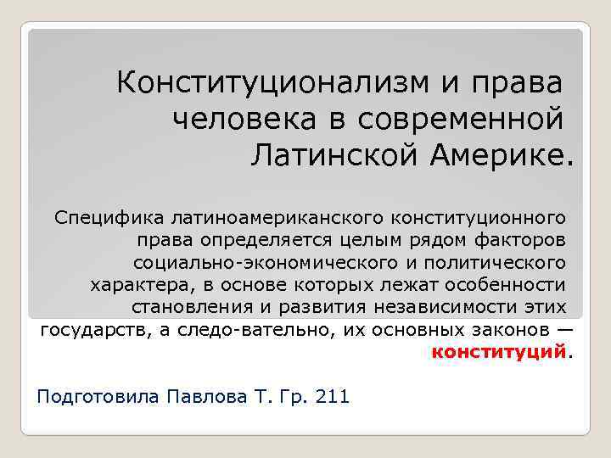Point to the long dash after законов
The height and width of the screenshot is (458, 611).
click(563, 329)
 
